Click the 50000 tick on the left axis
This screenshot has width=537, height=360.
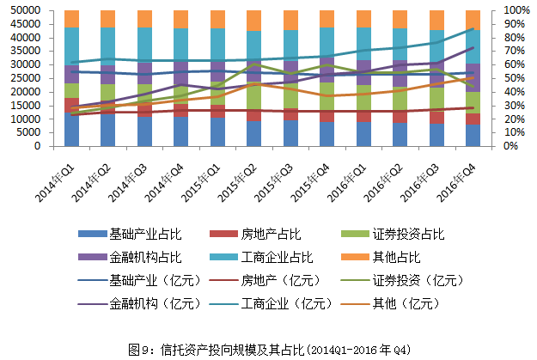pyautogui.click(x=26, y=9)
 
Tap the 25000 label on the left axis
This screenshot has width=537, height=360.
pyautogui.click(x=26, y=78)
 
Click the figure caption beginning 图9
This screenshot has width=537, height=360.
pyautogui.click(x=269, y=349)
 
